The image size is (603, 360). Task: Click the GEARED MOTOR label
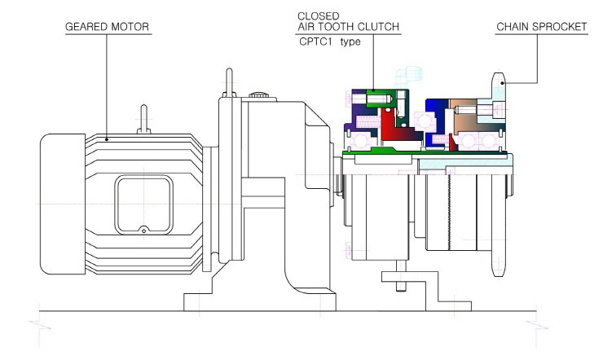coord(107,27)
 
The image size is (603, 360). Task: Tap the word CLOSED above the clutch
coord(319,16)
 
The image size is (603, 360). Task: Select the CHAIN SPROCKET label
coord(541,27)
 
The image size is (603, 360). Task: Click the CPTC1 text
coord(315,42)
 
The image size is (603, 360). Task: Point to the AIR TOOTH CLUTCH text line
coord(349,27)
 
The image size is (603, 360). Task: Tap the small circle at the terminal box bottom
coord(143,230)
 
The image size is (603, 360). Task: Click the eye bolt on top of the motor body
coord(144,119)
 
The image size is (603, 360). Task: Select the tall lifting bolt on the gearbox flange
coord(229,82)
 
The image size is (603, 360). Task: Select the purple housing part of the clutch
coord(359,116)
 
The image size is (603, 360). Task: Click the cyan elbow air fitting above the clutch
coord(408,76)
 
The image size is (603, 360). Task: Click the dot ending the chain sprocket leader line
coord(502,82)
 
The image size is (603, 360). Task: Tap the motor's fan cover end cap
coord(63,204)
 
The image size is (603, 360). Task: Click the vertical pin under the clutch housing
coord(401,276)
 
